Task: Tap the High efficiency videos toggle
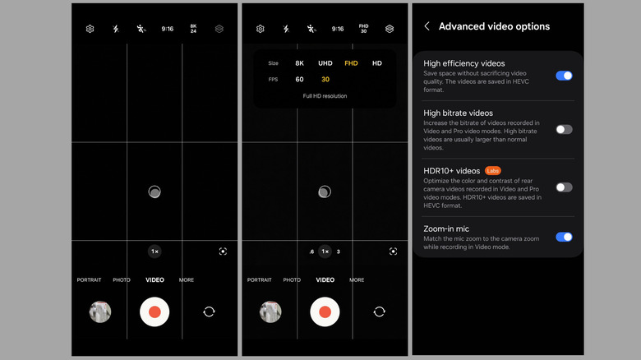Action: (x=564, y=76)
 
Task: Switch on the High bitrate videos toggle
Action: (x=564, y=130)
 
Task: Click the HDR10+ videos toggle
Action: (x=564, y=187)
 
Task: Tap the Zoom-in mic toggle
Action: (x=564, y=237)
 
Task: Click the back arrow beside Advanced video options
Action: (x=427, y=26)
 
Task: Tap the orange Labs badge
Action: (x=492, y=171)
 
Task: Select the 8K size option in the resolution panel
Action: (x=300, y=63)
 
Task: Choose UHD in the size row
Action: (x=325, y=63)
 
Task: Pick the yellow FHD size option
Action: (x=351, y=63)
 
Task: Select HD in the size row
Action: (x=377, y=63)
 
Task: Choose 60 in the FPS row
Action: (x=300, y=80)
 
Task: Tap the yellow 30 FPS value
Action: (x=325, y=80)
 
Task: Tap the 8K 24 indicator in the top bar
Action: (x=193, y=29)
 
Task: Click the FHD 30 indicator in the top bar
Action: (x=363, y=29)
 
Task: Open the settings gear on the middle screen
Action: (x=260, y=29)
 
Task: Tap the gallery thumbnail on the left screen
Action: (x=100, y=312)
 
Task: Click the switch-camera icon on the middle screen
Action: (x=380, y=312)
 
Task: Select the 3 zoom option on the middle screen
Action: (x=338, y=252)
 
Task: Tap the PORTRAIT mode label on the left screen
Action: (x=89, y=279)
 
